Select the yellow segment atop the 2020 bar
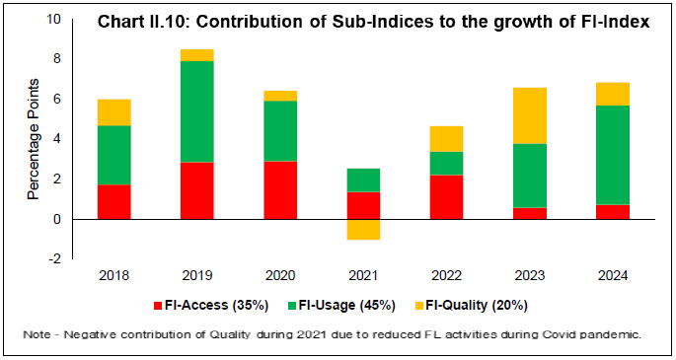pyautogui.click(x=280, y=96)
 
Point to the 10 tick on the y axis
pyautogui.click(x=52, y=20)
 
